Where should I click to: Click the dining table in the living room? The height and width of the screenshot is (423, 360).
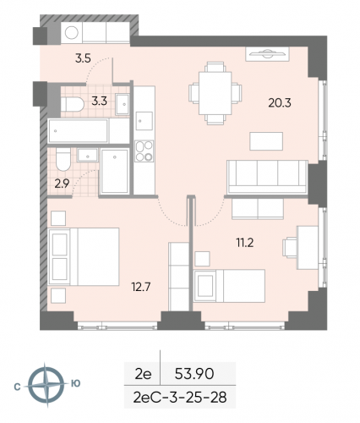pos(210,91)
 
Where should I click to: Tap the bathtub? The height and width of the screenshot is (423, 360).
pos(78,131)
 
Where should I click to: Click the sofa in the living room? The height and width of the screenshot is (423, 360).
pos(265,176)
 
